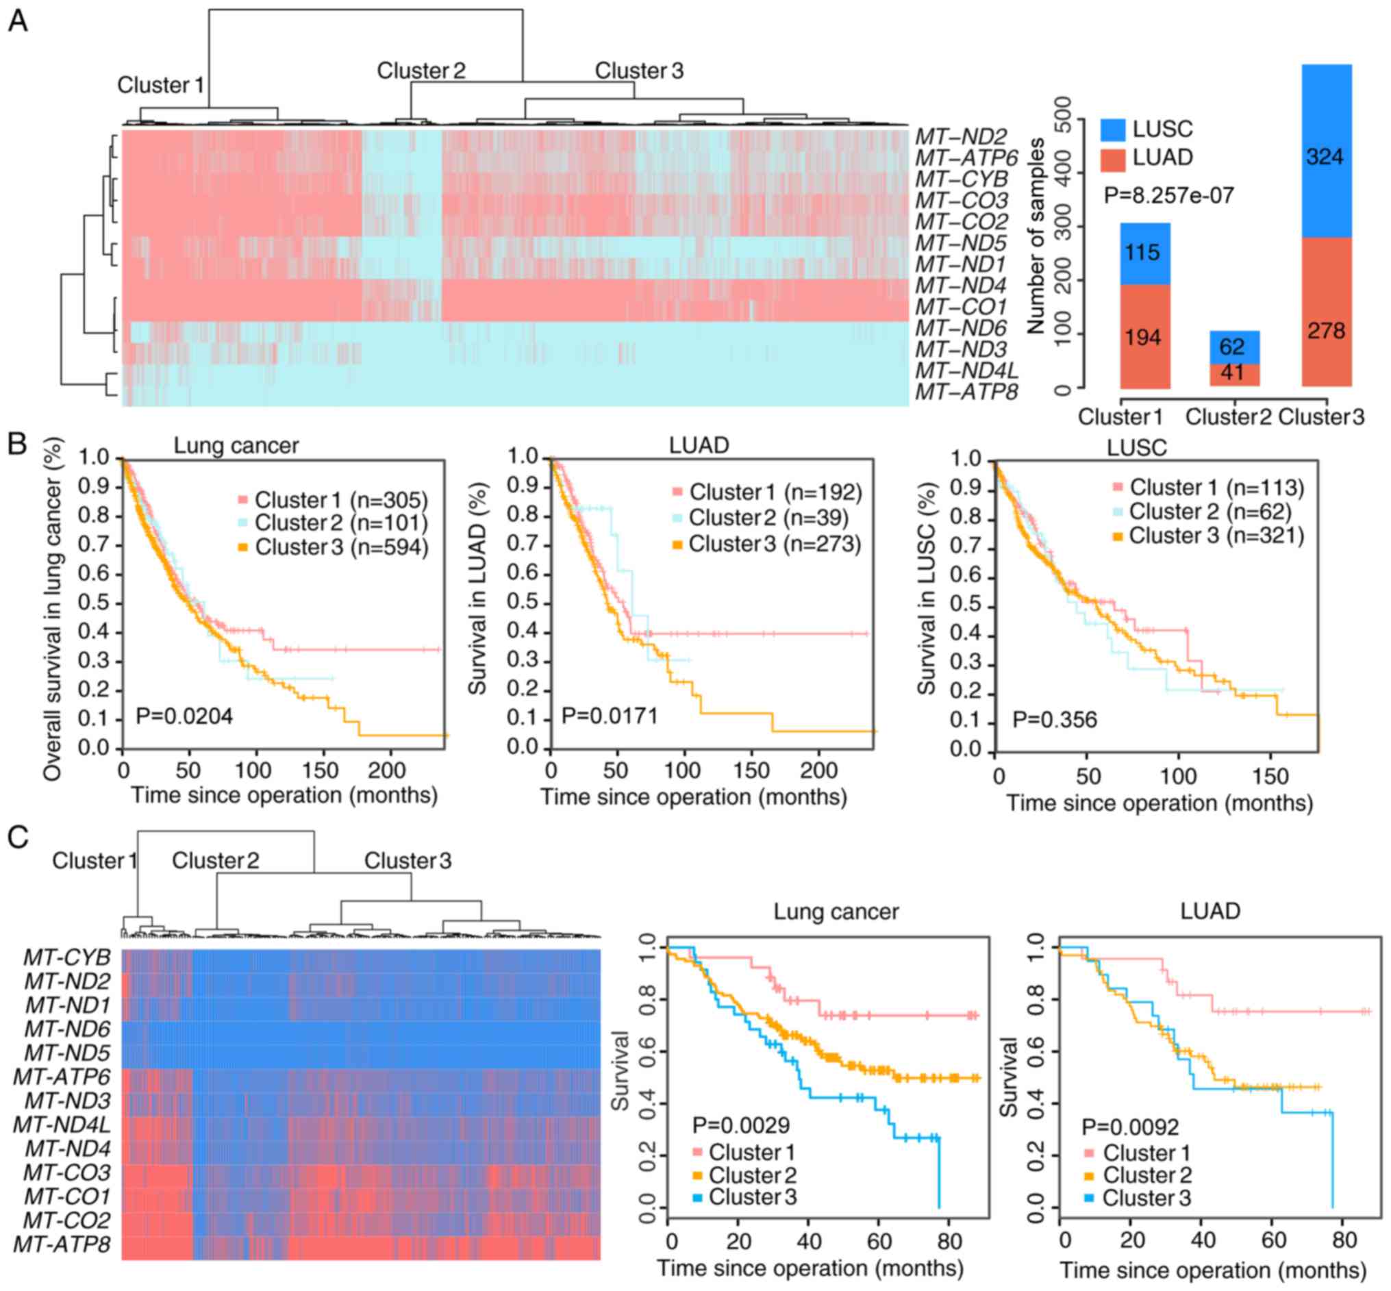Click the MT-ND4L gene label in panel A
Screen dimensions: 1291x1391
967,371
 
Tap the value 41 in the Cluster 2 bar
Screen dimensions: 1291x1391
1232,373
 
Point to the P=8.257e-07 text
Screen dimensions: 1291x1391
1169,195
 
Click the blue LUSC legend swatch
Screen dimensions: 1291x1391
1113,130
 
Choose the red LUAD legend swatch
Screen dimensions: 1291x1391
1113,160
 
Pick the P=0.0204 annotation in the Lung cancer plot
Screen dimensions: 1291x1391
184,716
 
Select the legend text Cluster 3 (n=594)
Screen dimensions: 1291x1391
341,547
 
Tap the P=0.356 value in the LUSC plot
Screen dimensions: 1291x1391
1054,720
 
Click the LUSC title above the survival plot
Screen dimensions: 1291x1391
1137,448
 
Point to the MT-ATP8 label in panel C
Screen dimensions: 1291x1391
62,1244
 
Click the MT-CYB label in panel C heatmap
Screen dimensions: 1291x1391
67,957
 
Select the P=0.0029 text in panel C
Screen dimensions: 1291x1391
740,1125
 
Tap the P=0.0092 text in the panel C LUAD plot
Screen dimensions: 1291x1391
1129,1127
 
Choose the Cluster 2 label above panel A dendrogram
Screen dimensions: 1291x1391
421,71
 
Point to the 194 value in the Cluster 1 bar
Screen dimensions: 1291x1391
1143,338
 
